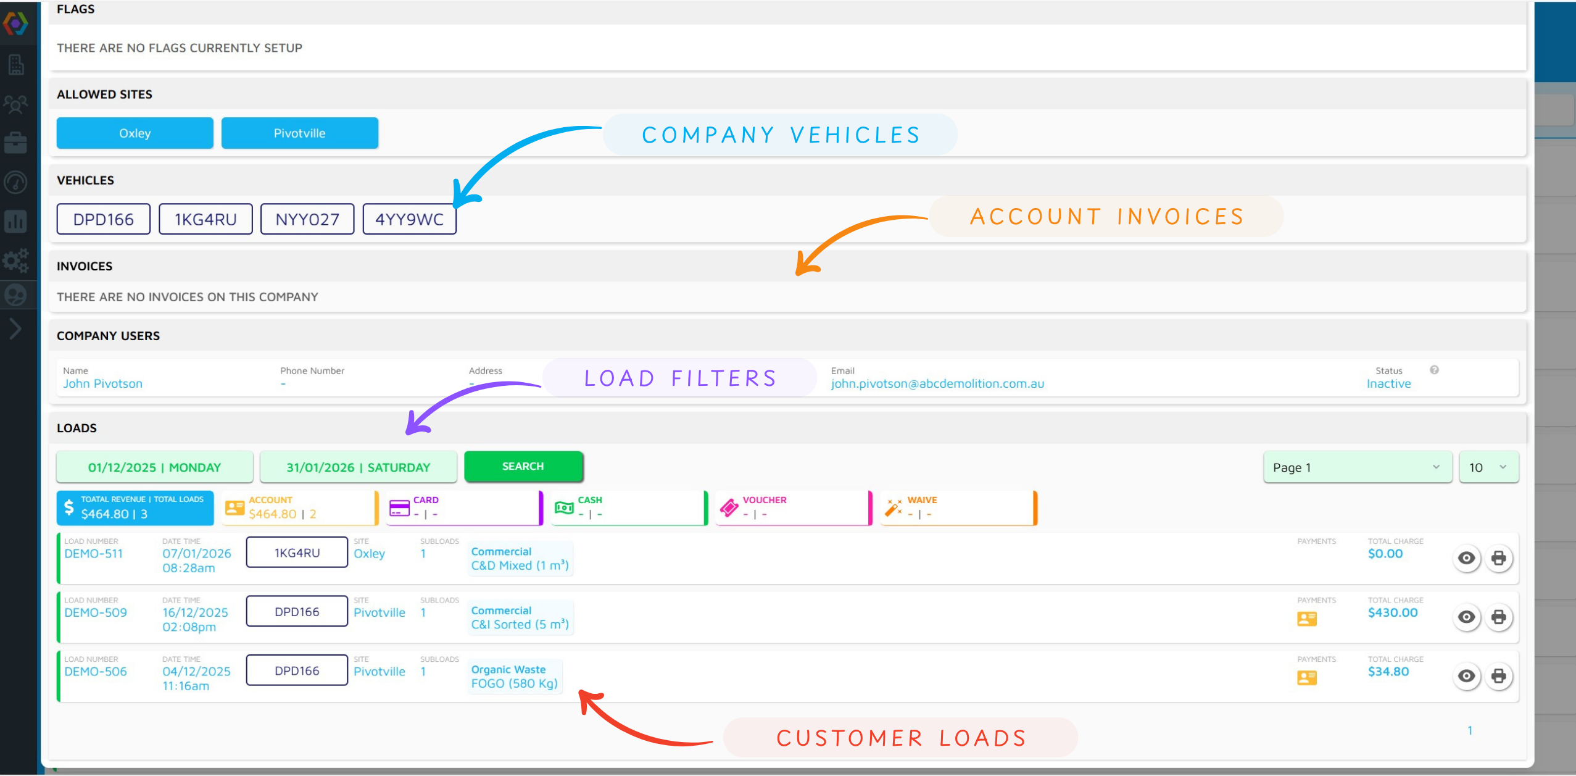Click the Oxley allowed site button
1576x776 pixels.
pos(135,133)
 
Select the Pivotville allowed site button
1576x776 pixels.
pos(299,133)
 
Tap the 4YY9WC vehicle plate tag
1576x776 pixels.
pos(409,219)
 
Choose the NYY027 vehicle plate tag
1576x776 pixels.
pos(307,219)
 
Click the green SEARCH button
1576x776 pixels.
pos(523,466)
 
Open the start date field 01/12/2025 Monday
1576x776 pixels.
pos(154,467)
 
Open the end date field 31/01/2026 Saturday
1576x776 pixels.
pos(358,467)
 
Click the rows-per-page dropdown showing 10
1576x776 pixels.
pos(1488,467)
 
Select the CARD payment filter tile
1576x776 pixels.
pos(464,508)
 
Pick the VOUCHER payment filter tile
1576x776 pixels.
pos(794,508)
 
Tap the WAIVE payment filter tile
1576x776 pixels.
pos(958,508)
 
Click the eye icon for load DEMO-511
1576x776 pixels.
pos(1466,558)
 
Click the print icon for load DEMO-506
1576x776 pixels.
pos(1498,676)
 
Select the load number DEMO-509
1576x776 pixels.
pos(96,612)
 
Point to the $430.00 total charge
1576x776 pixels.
pos(1393,612)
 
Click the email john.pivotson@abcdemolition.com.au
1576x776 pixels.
pos(937,383)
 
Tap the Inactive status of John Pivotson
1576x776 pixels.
pos(1388,383)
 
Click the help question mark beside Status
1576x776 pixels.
pos(1434,370)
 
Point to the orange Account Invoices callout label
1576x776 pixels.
pos(1106,217)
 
